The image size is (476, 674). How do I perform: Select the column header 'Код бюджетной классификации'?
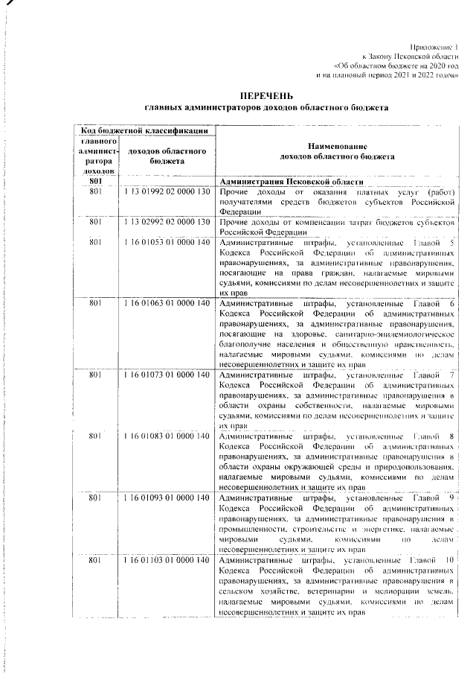point(145,130)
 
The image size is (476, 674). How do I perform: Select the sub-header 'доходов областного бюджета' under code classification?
point(167,156)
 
